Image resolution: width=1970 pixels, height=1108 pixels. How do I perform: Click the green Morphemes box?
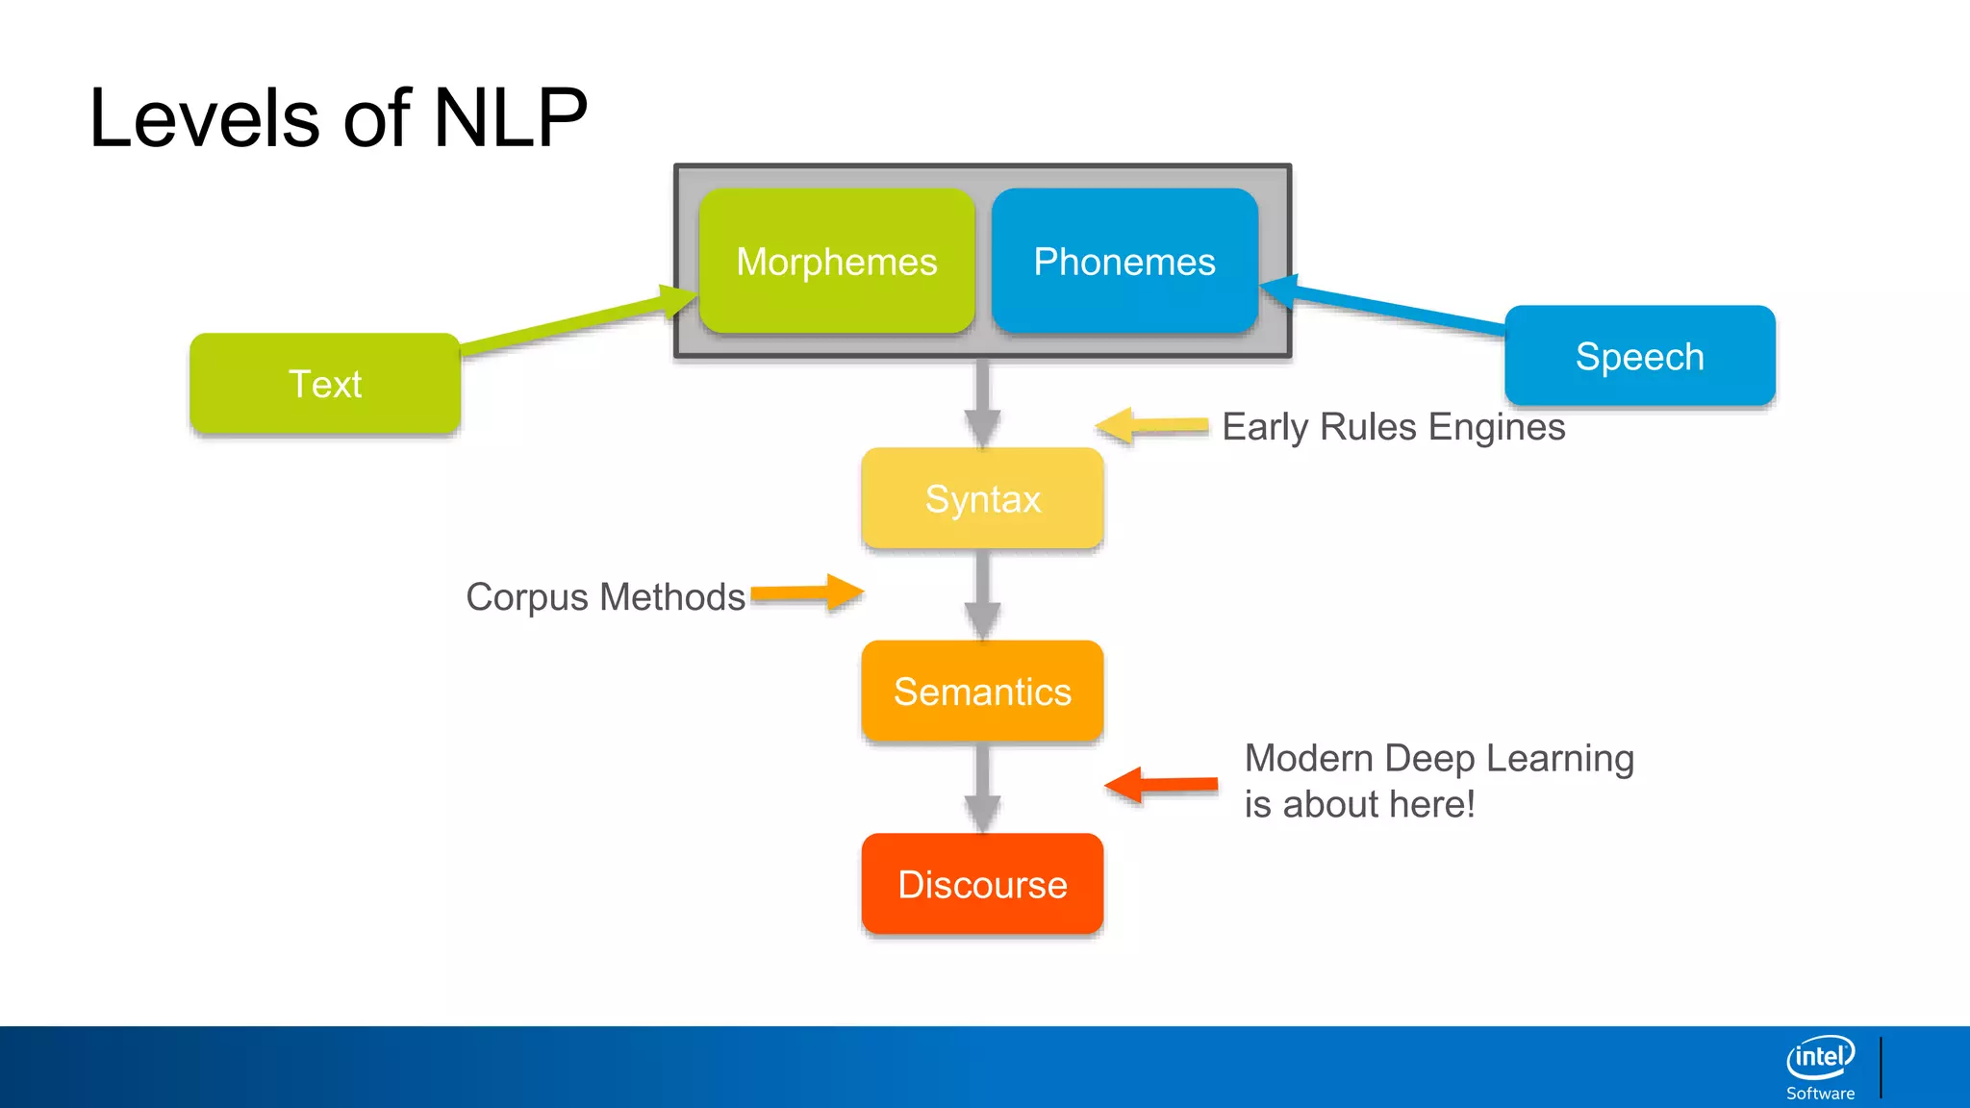click(x=837, y=261)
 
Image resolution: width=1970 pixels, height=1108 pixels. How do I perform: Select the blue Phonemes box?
click(x=1124, y=261)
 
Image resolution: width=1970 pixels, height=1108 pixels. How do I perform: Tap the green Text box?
click(x=325, y=383)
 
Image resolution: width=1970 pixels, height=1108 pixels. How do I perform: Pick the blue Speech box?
click(x=1640, y=356)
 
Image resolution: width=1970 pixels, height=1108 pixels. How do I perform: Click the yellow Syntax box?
click(x=982, y=498)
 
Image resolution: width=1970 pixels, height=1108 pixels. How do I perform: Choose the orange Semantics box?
click(x=982, y=691)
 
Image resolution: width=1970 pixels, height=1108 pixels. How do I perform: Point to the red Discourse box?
click(x=982, y=883)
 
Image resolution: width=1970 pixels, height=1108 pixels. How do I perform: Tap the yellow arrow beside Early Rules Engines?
click(x=1151, y=425)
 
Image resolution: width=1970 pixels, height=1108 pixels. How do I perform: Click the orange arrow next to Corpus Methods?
click(x=806, y=593)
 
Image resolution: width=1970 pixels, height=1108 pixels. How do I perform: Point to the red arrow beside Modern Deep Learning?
click(x=1161, y=785)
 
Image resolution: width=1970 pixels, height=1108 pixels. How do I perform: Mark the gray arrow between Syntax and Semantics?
click(x=982, y=594)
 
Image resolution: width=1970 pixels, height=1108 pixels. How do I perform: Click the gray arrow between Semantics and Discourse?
click(x=982, y=787)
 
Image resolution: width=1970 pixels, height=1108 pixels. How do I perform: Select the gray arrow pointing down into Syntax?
click(x=982, y=403)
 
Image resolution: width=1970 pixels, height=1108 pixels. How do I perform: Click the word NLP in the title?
click(x=510, y=118)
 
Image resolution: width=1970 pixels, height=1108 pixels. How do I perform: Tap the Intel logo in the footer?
click(x=1820, y=1067)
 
